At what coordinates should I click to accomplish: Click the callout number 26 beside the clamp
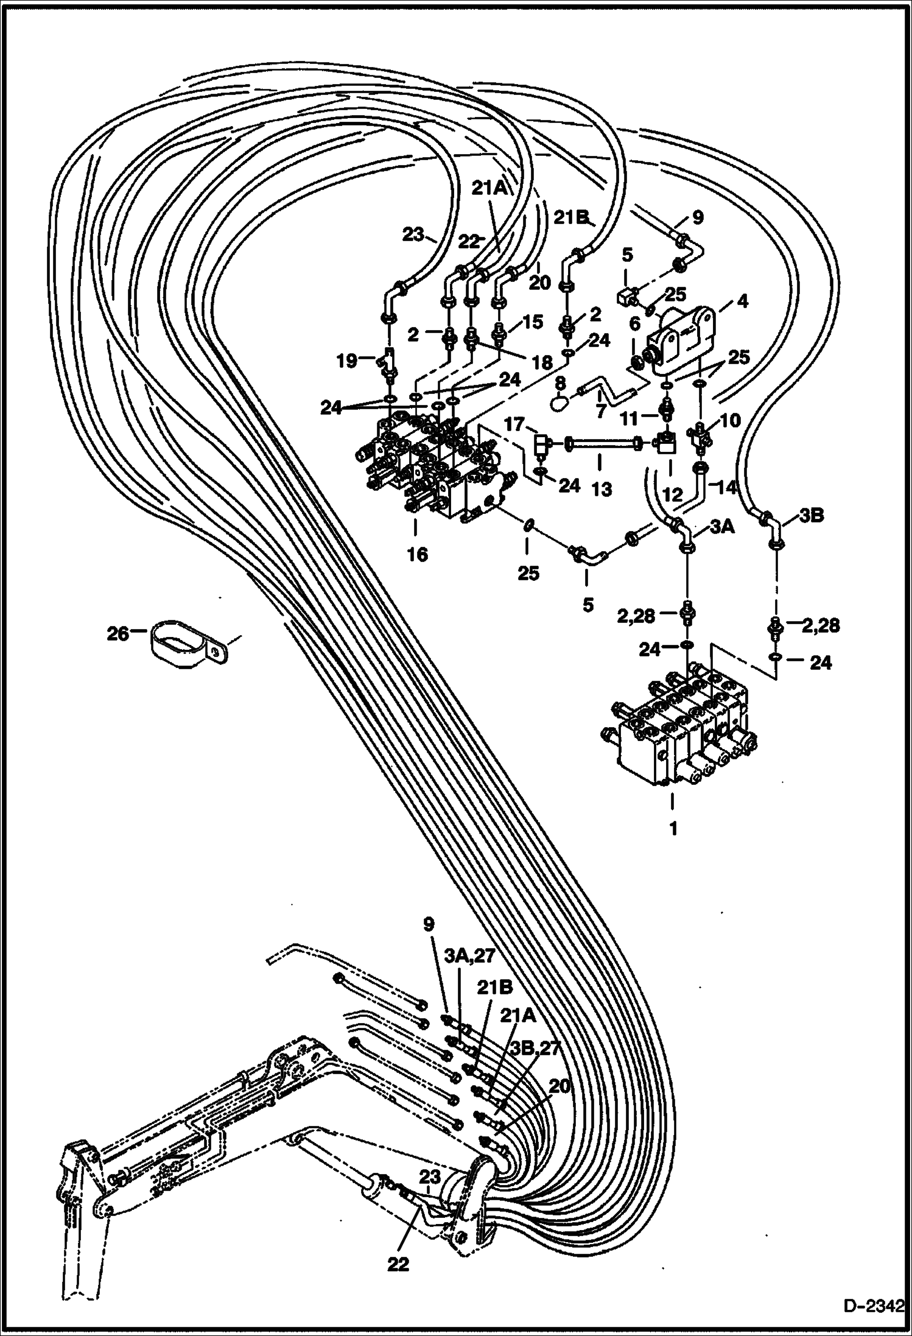coord(118,634)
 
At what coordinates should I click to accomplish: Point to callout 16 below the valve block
coord(418,554)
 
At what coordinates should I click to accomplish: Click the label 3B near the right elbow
coord(811,516)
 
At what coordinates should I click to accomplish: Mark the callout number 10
coord(730,420)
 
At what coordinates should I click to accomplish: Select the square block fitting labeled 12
coord(667,443)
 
